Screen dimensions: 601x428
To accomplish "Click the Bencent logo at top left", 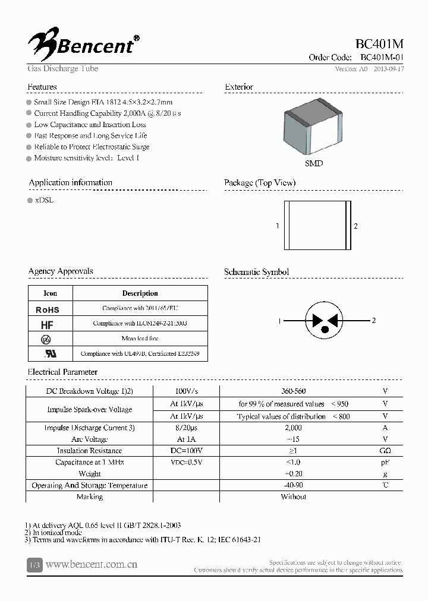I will click(83, 42).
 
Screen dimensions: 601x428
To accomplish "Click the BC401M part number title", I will click(379, 43).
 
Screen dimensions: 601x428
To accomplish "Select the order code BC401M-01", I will click(382, 58).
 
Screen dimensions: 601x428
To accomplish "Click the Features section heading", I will click(42, 87).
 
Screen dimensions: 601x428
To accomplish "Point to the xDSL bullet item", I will click(44, 200).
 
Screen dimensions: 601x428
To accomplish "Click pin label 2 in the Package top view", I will click(355, 226).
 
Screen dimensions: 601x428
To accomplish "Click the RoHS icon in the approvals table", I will click(48, 309).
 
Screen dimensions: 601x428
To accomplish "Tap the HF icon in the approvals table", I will click(48, 324).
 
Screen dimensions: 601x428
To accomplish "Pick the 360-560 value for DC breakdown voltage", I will click(293, 391).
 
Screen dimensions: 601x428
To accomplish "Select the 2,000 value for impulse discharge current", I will click(293, 428).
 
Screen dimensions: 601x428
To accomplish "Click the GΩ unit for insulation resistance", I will click(385, 451).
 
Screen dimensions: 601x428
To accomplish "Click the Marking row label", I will click(90, 496).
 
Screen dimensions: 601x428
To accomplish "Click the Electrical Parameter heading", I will click(62, 372).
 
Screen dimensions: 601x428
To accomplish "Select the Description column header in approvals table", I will click(140, 293).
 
